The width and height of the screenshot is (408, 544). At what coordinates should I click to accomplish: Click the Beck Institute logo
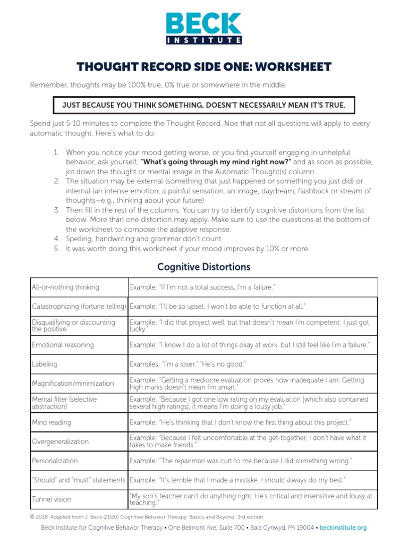(x=204, y=28)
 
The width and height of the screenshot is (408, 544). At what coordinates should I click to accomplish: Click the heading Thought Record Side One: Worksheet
(x=204, y=67)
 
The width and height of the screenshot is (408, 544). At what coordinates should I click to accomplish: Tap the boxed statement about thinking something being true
(x=204, y=105)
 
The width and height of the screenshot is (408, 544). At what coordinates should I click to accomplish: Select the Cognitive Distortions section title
(x=204, y=267)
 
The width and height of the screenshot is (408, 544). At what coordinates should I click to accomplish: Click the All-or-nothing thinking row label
(x=65, y=287)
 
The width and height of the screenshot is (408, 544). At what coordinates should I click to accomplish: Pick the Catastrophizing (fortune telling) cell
(x=79, y=307)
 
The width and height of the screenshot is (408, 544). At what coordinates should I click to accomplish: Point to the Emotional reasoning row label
(x=63, y=345)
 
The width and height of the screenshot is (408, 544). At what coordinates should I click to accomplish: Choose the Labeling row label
(x=45, y=364)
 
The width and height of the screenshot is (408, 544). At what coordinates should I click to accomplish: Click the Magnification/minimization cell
(x=73, y=383)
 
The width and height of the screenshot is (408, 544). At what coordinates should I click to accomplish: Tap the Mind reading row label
(x=52, y=422)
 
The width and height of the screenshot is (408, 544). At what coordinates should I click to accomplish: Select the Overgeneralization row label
(x=60, y=441)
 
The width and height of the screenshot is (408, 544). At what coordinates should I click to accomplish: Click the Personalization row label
(x=55, y=461)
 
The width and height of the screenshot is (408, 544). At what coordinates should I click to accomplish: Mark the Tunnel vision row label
(x=52, y=499)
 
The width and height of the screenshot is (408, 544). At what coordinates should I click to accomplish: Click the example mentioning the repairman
(x=241, y=461)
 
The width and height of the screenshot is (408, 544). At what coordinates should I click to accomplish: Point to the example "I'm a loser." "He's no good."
(x=188, y=364)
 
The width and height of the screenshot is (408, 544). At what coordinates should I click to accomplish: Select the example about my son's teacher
(x=251, y=499)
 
